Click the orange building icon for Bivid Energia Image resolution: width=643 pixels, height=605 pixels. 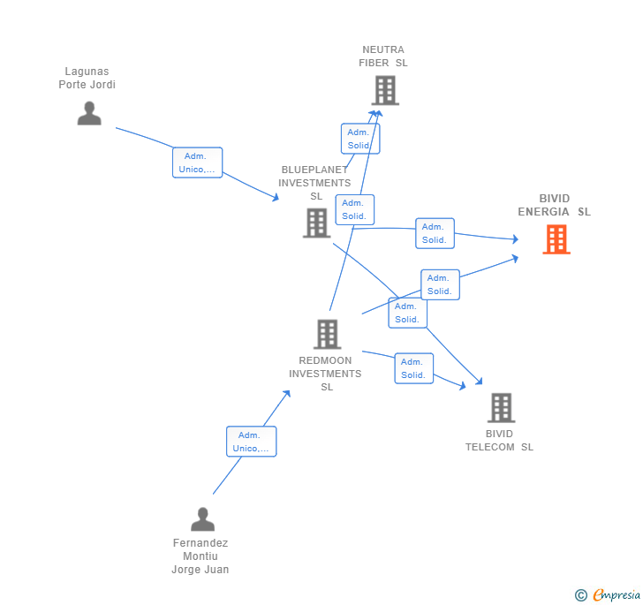(556, 239)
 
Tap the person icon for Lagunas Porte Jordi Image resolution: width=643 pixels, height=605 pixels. (89, 113)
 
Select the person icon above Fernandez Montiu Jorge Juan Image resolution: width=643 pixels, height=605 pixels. (202, 519)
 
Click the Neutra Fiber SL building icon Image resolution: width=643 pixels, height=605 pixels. (385, 90)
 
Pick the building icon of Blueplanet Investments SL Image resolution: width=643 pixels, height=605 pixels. (316, 223)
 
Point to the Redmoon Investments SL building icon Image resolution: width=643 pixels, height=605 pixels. (327, 334)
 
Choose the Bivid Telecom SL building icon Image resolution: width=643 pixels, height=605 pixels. (501, 407)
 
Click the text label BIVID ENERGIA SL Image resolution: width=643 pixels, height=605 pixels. (554, 205)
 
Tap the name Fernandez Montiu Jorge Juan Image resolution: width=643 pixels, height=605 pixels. (200, 556)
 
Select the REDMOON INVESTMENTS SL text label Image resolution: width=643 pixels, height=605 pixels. (325, 374)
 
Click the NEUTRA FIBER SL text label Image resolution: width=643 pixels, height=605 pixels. (383, 57)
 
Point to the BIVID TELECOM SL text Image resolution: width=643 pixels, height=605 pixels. (499, 441)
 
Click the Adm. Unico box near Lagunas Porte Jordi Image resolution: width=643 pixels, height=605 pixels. (197, 163)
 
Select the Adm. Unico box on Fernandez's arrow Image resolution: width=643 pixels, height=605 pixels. (251, 442)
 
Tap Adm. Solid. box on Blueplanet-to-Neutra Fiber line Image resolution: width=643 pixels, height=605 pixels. (360, 139)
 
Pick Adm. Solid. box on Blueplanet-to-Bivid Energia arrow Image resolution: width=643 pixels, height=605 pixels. (435, 233)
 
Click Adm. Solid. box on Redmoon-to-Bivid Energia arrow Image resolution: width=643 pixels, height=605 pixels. (440, 284)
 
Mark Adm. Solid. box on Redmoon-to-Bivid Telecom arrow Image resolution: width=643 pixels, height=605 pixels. (413, 368)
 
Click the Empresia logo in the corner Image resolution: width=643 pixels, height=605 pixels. (609, 595)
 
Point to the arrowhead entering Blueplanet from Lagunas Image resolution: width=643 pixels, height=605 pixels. (276, 199)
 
